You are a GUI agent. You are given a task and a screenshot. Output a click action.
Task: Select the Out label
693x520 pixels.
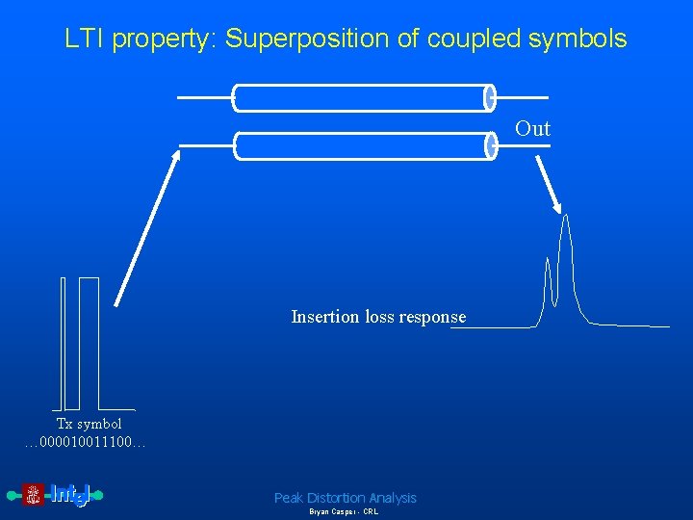[x=532, y=129]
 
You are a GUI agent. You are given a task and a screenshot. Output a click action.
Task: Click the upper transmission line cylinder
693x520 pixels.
[x=361, y=98]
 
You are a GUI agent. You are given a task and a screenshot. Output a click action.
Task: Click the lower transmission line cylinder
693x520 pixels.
[x=361, y=146]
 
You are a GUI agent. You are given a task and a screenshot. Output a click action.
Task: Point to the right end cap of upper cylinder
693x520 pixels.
[x=490, y=97]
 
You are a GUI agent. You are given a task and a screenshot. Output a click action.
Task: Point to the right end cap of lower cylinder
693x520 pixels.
[x=490, y=145]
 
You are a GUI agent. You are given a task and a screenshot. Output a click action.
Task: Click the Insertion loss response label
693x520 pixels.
[x=378, y=317]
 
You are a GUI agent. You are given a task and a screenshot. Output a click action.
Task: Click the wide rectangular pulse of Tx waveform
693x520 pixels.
[x=89, y=342]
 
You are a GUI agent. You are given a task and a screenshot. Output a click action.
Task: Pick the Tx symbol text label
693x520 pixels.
[x=89, y=424]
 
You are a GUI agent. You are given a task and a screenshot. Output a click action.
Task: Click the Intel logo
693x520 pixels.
[x=56, y=495]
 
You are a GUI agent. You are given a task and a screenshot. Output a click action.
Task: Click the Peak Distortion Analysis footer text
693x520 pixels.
[x=345, y=498]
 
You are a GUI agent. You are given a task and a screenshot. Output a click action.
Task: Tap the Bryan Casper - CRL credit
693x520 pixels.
[x=344, y=512]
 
